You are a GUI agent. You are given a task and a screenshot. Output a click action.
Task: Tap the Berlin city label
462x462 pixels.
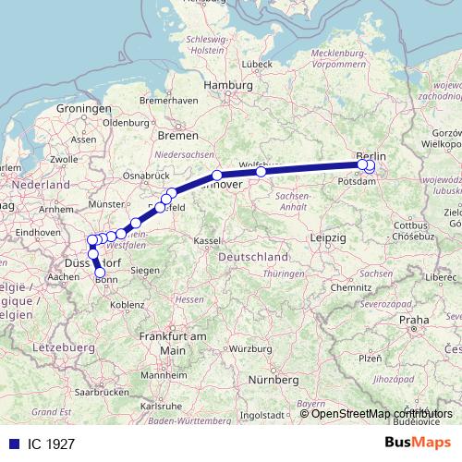371,156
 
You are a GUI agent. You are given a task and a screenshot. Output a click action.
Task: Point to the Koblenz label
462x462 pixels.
126,304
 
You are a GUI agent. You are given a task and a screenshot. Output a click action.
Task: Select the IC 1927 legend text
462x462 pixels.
45,443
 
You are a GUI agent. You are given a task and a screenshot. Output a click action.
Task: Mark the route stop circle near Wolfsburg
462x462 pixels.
261,171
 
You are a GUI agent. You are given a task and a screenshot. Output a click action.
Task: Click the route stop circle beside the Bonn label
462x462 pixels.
100,273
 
